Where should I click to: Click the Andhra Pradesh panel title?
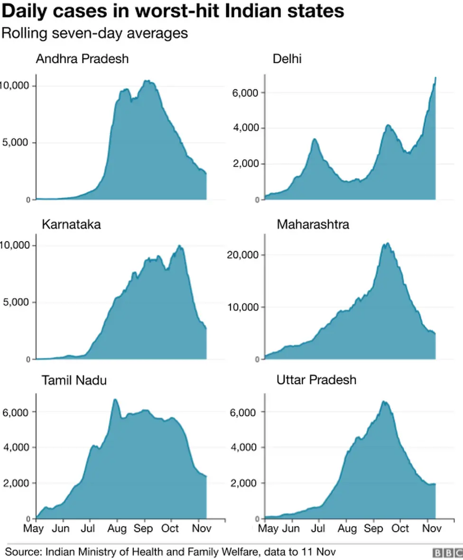(82, 59)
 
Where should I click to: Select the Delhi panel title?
(287, 59)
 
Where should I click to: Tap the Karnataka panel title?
(71, 224)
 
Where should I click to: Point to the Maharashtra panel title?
(313, 224)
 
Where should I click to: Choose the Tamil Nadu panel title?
(74, 381)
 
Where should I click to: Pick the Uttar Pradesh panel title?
(316, 381)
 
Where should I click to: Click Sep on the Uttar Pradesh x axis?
(374, 528)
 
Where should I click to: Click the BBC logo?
(447, 553)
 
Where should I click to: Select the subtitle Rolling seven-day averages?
(95, 34)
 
